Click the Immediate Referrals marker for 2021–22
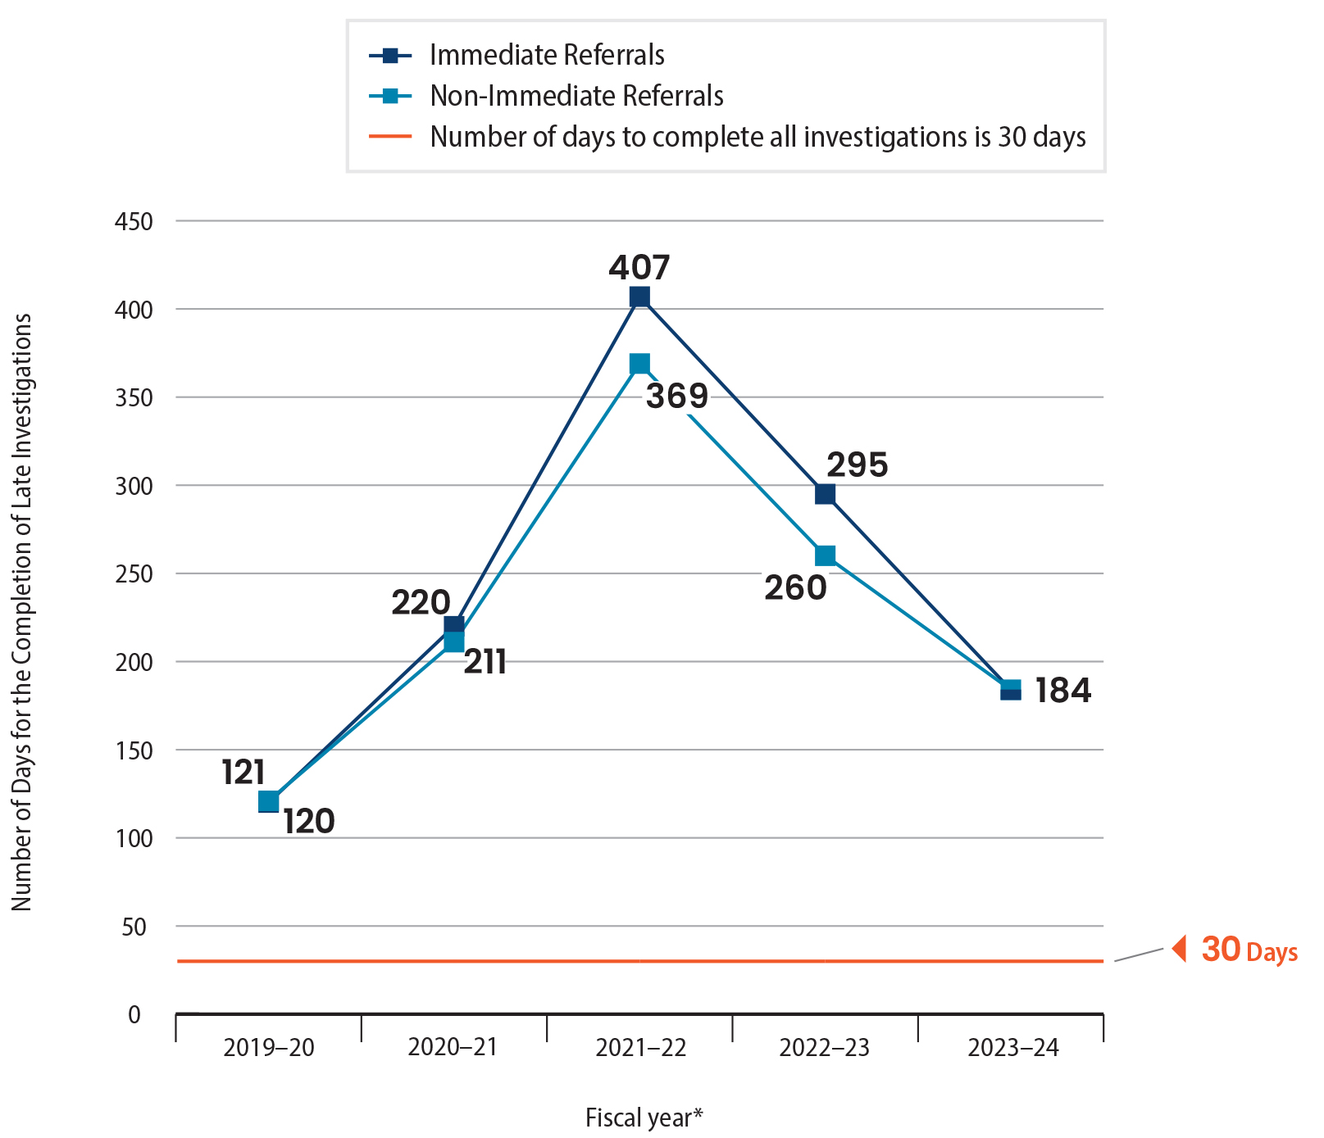coord(639,297)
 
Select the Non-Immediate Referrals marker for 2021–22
coord(639,364)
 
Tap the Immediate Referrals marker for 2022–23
coord(825,494)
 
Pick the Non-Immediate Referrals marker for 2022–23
coord(825,555)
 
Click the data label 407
coord(639,267)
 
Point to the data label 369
coord(677,397)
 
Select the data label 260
coord(795,588)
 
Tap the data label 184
coord(1062,691)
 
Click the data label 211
coord(485,662)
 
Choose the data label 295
coord(857,465)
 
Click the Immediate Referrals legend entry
coord(547,55)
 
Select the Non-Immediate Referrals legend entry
coord(576,96)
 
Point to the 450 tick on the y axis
coord(134,221)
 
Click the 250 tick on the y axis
coord(134,574)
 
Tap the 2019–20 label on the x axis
coord(269,1048)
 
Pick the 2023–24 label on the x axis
coord(1013,1048)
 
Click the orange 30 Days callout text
coord(1249,950)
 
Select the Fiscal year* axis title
coord(644,1118)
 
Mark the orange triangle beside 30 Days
coord(1180,949)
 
